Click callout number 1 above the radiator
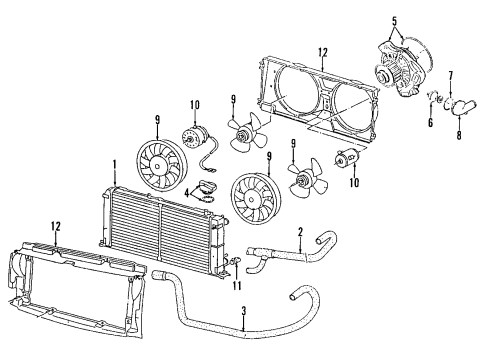pos(115,165)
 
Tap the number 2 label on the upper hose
pos(300,232)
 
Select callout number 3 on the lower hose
pos(244,311)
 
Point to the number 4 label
pos(187,192)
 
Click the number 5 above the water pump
pos(394,21)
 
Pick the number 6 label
pos(430,123)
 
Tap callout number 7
pos(451,76)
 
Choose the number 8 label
pos(459,135)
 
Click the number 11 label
pos(237,286)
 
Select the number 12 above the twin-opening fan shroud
pos(323,52)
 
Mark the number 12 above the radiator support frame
pos(56,226)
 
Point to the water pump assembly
pos(400,68)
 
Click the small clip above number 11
pos(234,260)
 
